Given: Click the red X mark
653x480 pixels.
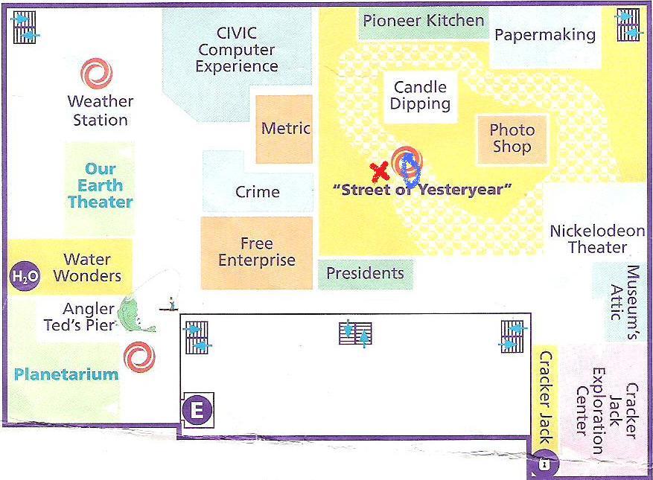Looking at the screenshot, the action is tap(380, 172).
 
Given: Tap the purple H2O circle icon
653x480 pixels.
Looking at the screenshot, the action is tap(25, 275).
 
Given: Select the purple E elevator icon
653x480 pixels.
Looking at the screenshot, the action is tap(197, 409).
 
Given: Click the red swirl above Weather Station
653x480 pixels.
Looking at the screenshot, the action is tap(97, 73).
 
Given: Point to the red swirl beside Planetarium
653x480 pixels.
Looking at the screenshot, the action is tap(139, 357).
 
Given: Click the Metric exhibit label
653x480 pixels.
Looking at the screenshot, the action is tap(286, 128).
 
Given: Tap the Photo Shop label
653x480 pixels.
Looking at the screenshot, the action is tap(512, 138).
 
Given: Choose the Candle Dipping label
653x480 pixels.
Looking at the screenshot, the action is tap(420, 95).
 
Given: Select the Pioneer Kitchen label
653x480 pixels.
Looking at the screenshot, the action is tap(424, 20).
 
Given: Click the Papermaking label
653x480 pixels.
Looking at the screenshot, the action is tap(545, 36).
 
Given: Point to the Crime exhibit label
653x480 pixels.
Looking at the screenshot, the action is tap(258, 192).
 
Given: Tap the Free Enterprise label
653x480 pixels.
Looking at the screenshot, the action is tap(257, 252).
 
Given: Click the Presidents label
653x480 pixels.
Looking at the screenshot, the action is tap(366, 273).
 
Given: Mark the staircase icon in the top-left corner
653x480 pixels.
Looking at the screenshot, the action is tap(25, 27).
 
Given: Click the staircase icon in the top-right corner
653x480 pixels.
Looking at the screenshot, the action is tap(628, 25).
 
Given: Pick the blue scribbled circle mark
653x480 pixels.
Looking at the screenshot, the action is tap(411, 169).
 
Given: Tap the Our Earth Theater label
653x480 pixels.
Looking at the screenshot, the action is tap(101, 185).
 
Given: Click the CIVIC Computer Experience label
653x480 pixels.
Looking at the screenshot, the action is tap(237, 50).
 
